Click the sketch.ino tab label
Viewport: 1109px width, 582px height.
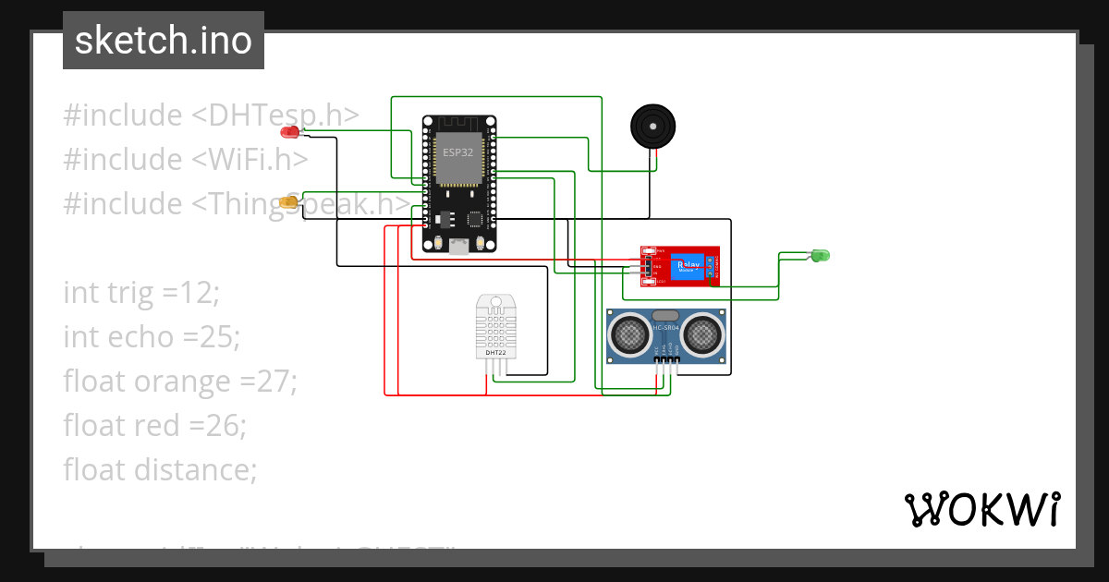point(163,41)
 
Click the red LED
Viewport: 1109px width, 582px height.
point(290,132)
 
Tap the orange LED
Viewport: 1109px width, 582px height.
point(289,201)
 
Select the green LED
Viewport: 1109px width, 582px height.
point(820,255)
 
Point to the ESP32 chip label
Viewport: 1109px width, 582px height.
point(457,152)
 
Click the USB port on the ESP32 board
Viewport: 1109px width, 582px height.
point(459,246)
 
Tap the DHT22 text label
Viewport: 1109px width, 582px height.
point(495,353)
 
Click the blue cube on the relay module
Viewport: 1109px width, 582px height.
point(688,267)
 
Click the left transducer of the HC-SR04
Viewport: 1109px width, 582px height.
point(631,334)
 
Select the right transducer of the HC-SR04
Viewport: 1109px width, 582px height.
point(701,334)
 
